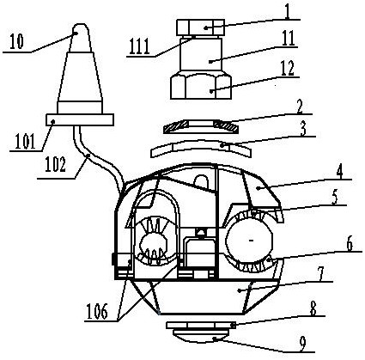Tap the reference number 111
pos(139,47)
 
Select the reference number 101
pos(26,142)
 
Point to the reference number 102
pos(56,165)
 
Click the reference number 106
pos(97,312)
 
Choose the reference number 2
pos(299,107)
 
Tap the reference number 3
pos(303,129)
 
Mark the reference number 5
pos(336,198)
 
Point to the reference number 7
pos(321,275)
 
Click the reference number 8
pos(314,309)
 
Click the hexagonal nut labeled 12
pos(201,86)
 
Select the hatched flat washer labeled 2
pos(200,126)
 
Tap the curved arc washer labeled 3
pos(201,148)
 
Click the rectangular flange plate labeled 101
pos(80,119)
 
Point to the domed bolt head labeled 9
pos(200,335)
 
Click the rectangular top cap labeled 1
pos(200,27)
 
